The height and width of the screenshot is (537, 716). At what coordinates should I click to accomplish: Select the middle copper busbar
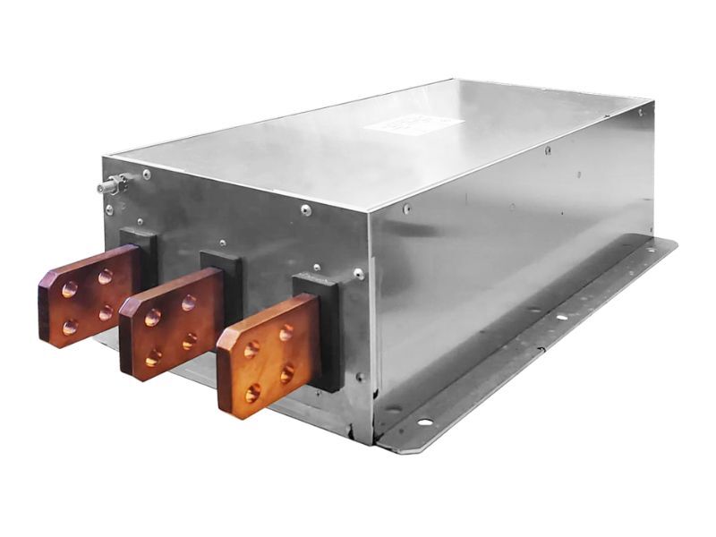tap(170, 323)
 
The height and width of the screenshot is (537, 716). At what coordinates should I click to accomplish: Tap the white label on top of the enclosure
tap(413, 126)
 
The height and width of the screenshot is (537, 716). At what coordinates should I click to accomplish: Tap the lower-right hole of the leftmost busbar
tap(106, 312)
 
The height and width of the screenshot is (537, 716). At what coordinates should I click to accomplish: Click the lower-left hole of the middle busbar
tap(153, 356)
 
